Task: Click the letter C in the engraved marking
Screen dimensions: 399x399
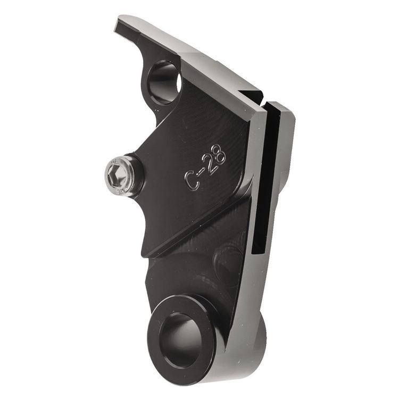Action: tap(192, 180)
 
